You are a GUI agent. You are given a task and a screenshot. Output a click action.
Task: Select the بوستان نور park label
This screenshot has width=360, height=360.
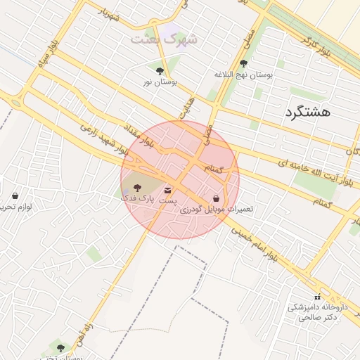click(160, 82)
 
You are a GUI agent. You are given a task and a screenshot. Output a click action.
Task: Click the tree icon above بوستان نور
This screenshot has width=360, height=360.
click(160, 71)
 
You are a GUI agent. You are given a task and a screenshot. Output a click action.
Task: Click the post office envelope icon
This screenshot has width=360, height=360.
click(167, 190)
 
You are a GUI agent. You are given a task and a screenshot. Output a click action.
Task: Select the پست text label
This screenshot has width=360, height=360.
click(167, 201)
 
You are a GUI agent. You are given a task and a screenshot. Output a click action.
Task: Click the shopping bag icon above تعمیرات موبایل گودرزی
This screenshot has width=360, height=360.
click(216, 198)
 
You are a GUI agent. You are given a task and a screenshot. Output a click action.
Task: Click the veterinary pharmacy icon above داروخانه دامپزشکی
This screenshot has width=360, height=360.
click(316, 297)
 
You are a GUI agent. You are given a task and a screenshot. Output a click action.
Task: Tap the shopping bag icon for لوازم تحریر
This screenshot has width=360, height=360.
click(15, 195)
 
